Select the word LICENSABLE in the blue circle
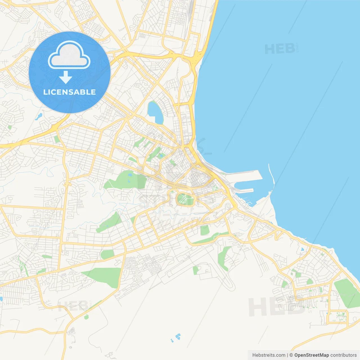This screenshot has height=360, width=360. pyautogui.click(x=69, y=92)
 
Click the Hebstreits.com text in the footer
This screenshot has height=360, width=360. pyautogui.click(x=269, y=355)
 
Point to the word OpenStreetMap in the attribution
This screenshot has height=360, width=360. pyautogui.click(x=311, y=355)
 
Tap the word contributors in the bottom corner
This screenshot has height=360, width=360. pyautogui.click(x=343, y=355)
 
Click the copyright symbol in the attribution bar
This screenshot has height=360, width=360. pyautogui.click(x=291, y=355)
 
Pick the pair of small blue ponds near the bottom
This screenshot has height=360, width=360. pyautogui.click(x=176, y=337)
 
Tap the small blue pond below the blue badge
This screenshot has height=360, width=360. pyautogui.click(x=39, y=116)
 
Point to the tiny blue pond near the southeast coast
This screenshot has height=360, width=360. pyautogui.click(x=302, y=249)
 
